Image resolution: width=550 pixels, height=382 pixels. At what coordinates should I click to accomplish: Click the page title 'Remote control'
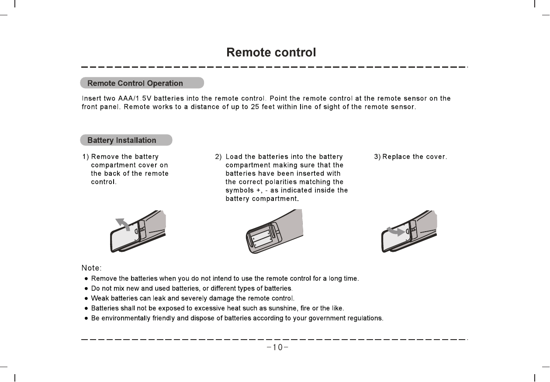click(271, 53)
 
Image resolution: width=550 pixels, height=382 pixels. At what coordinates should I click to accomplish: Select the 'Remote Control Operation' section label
click(135, 83)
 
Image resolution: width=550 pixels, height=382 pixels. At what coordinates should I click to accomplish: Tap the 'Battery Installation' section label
click(121, 140)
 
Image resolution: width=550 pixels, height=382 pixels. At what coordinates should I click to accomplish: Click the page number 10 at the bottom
click(275, 348)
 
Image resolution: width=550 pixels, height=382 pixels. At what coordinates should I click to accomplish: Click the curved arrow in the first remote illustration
click(122, 224)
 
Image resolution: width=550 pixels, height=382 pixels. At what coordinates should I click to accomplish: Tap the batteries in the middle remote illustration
click(262, 239)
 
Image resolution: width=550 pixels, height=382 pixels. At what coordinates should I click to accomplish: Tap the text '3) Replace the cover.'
click(410, 156)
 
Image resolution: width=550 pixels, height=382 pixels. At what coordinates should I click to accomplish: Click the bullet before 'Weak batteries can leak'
click(86, 299)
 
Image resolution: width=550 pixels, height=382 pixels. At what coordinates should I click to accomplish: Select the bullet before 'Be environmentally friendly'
click(86, 318)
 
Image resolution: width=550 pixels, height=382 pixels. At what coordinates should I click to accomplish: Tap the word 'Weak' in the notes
click(99, 299)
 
